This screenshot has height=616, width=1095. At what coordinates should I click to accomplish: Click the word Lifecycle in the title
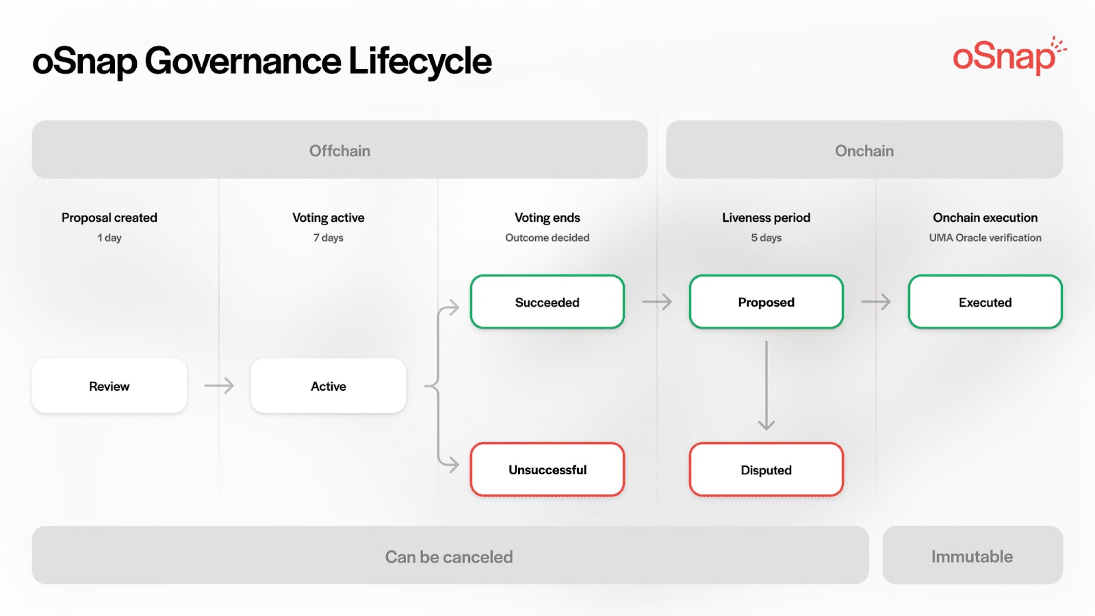[x=420, y=62]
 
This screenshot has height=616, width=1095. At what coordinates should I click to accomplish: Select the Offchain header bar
[x=339, y=150]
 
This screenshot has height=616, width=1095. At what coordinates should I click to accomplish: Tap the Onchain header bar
[x=864, y=150]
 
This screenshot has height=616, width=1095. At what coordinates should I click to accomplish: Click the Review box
[x=109, y=386]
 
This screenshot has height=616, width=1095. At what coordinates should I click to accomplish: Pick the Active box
[x=328, y=386]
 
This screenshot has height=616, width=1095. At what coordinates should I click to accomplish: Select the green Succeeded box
[x=547, y=302]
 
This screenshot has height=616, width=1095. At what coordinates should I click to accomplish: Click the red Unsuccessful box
[x=547, y=470]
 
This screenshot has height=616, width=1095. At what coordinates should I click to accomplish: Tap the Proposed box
[x=766, y=302]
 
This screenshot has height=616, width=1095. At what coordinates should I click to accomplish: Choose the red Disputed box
[x=766, y=470]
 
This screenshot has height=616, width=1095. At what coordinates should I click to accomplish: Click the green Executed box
[x=985, y=302]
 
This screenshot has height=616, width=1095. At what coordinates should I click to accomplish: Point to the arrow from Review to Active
[x=219, y=386]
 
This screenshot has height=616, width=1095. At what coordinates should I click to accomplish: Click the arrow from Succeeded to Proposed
[x=657, y=302]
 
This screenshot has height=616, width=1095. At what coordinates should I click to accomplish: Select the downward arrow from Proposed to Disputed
[x=766, y=385]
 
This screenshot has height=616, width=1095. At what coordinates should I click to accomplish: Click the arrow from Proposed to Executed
[x=876, y=302]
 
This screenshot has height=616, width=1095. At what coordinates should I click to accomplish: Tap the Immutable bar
[x=972, y=556]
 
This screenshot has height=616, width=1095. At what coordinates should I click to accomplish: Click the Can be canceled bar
[x=450, y=556]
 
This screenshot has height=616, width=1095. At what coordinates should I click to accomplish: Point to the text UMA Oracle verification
[x=985, y=238]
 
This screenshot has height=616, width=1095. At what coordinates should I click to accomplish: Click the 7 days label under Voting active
[x=328, y=238]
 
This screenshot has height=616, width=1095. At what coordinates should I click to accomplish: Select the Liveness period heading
[x=766, y=218]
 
